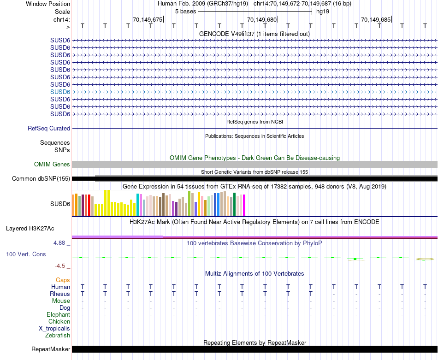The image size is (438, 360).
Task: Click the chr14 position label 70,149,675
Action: pos(148,20)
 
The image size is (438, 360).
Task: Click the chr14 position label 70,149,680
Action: pos(262,20)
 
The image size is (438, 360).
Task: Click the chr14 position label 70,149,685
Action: pos(376,20)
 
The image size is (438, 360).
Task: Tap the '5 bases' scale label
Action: pos(185,12)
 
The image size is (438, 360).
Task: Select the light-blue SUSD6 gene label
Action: pos(60,92)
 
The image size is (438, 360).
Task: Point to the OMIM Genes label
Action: pos(52,165)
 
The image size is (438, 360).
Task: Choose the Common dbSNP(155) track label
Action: pos(41,179)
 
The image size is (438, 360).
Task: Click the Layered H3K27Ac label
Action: pos(30,228)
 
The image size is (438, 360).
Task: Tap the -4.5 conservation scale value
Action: pos(61,266)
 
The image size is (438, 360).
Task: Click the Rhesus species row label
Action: pos(60,294)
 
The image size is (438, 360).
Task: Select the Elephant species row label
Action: pos(59,315)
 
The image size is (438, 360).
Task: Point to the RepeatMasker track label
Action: pos(51,349)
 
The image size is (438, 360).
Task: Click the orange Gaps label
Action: pos(63,280)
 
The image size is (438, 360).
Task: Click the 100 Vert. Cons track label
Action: pos(26,254)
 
